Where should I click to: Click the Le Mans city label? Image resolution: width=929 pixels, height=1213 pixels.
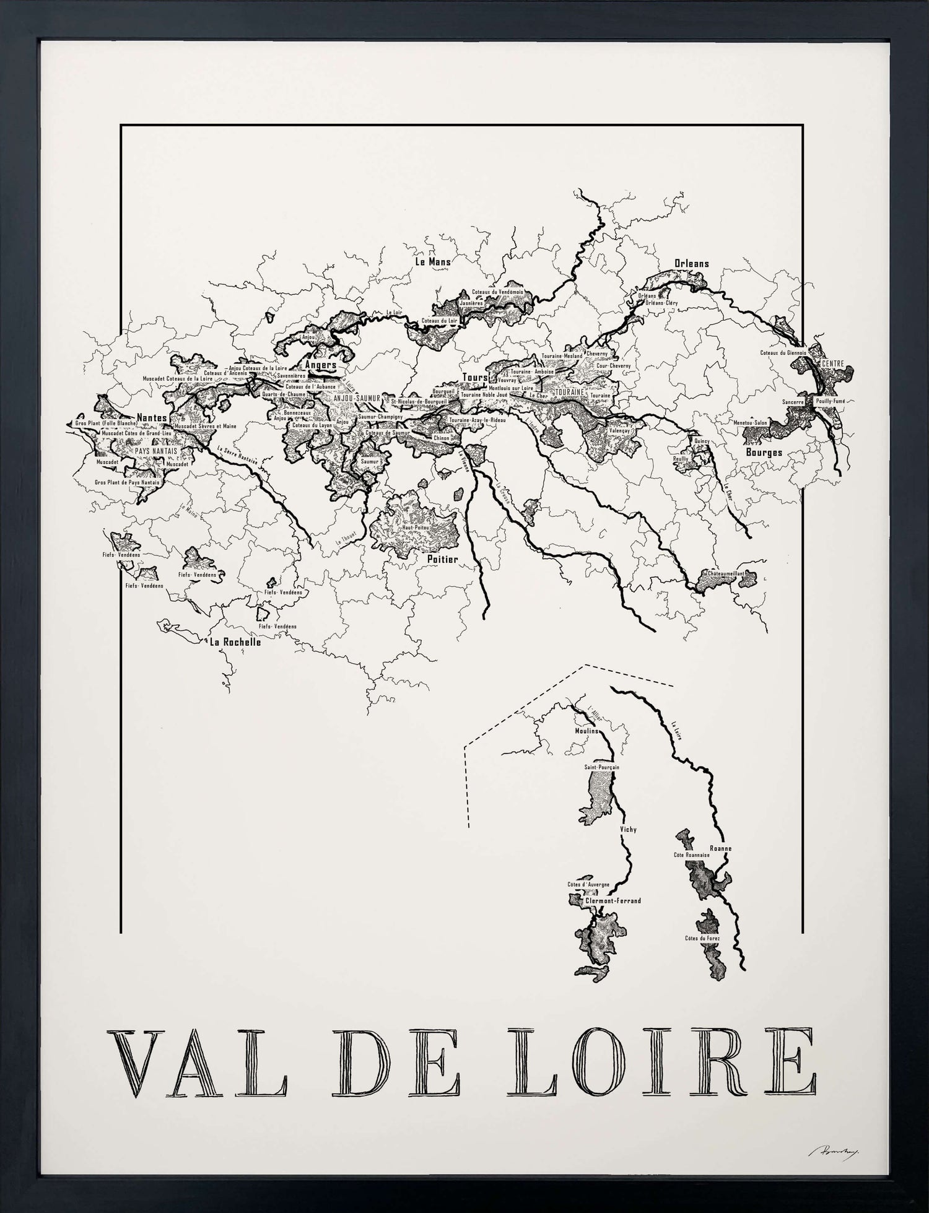tap(432, 261)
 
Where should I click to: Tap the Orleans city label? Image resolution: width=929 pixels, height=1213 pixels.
tap(691, 263)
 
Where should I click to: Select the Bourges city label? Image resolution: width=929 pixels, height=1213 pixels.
tap(764, 452)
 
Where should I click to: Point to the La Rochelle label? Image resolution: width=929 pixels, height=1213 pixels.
tap(235, 642)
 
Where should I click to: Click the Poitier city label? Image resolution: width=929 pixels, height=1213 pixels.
tap(442, 559)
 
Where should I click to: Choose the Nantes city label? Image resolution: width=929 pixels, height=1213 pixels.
tap(152, 418)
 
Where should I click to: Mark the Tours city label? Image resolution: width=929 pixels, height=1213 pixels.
tap(475, 377)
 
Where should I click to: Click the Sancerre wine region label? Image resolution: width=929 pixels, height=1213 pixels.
tap(793, 402)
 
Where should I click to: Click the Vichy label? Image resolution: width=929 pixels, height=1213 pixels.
tap(628, 829)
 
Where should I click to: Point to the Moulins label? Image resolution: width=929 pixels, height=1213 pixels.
tap(587, 731)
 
